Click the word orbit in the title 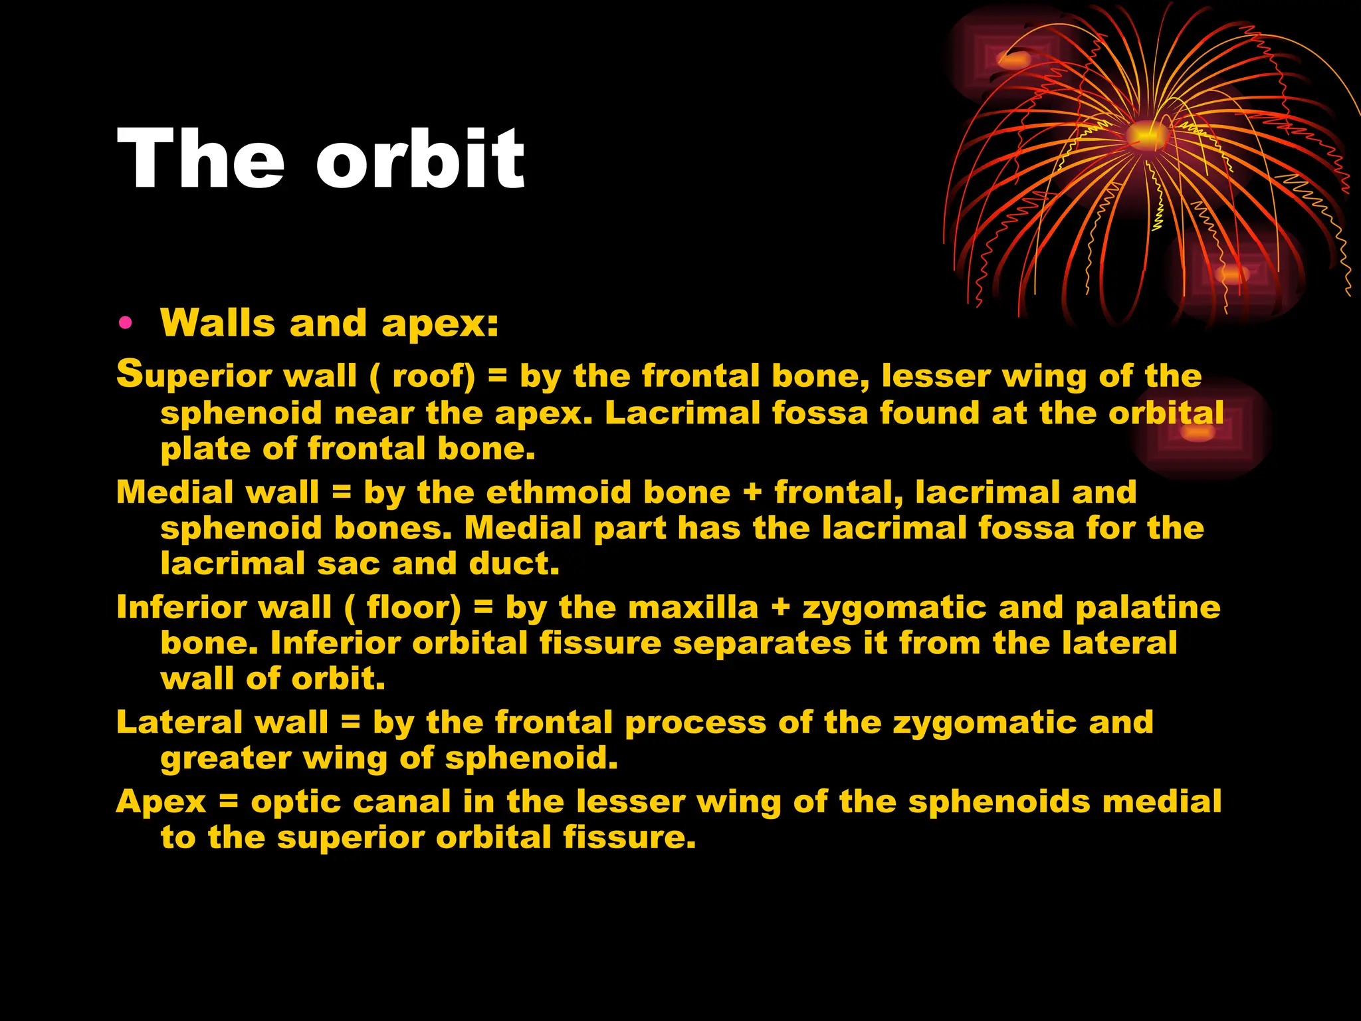click(420, 160)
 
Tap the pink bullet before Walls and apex click(124, 324)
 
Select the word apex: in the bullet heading click(439, 324)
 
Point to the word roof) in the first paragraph click(433, 376)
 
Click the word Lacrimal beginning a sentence click(682, 413)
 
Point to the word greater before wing click(225, 758)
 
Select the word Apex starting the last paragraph click(161, 802)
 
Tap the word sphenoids click(999, 802)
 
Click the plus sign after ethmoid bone click(752, 493)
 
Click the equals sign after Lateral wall click(350, 723)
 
